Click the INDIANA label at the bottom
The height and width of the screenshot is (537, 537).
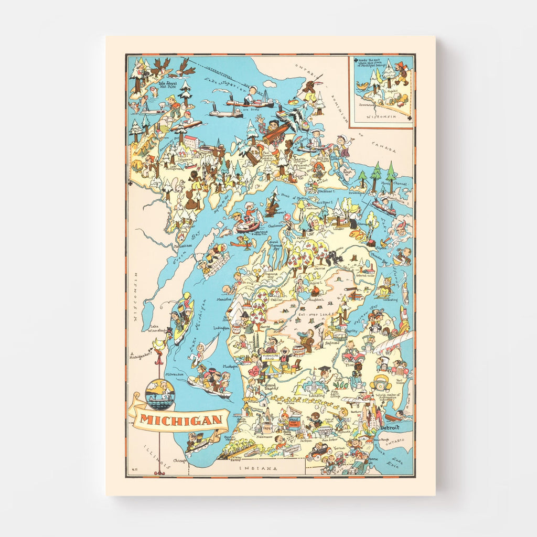click(258, 468)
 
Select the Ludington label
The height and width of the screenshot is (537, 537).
click(220, 328)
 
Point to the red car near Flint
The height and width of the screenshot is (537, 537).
click(353, 356)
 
